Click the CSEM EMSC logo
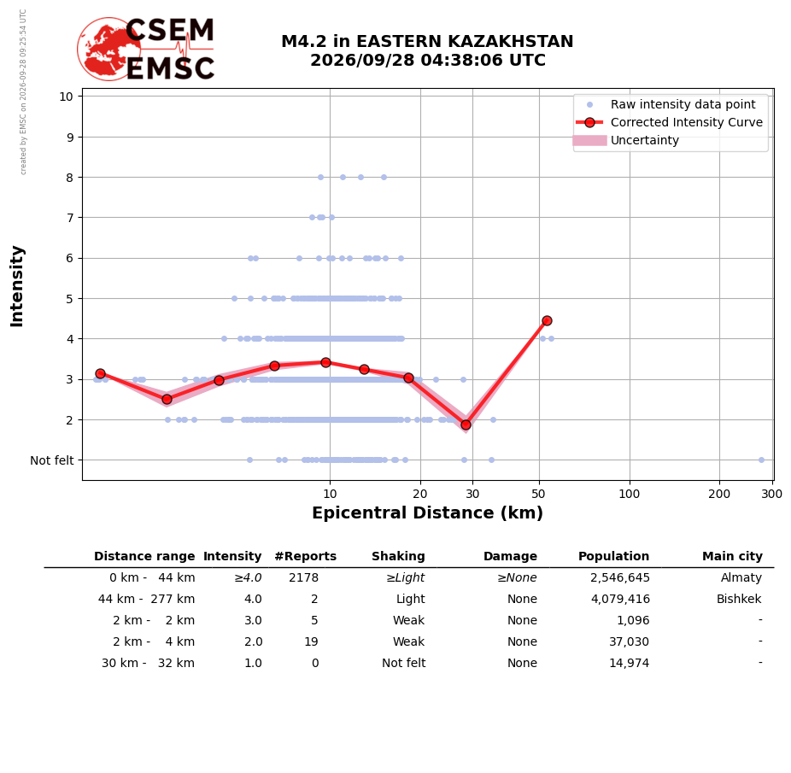(x=146, y=49)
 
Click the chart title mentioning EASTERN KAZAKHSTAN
(x=427, y=50)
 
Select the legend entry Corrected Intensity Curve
(x=669, y=122)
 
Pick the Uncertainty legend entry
(x=626, y=140)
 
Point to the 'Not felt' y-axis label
(x=52, y=460)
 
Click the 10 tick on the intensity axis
(x=66, y=97)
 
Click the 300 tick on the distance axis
(x=771, y=494)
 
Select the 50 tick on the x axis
(x=539, y=494)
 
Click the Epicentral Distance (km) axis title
(x=427, y=512)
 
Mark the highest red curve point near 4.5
(x=547, y=321)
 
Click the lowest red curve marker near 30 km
(x=466, y=425)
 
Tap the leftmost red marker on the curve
(x=101, y=374)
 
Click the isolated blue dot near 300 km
(x=762, y=460)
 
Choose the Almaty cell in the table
(x=741, y=577)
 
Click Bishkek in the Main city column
(x=739, y=599)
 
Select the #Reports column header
(x=305, y=556)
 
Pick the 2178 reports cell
(x=304, y=577)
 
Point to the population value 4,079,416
(x=620, y=599)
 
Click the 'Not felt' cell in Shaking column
(x=403, y=663)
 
